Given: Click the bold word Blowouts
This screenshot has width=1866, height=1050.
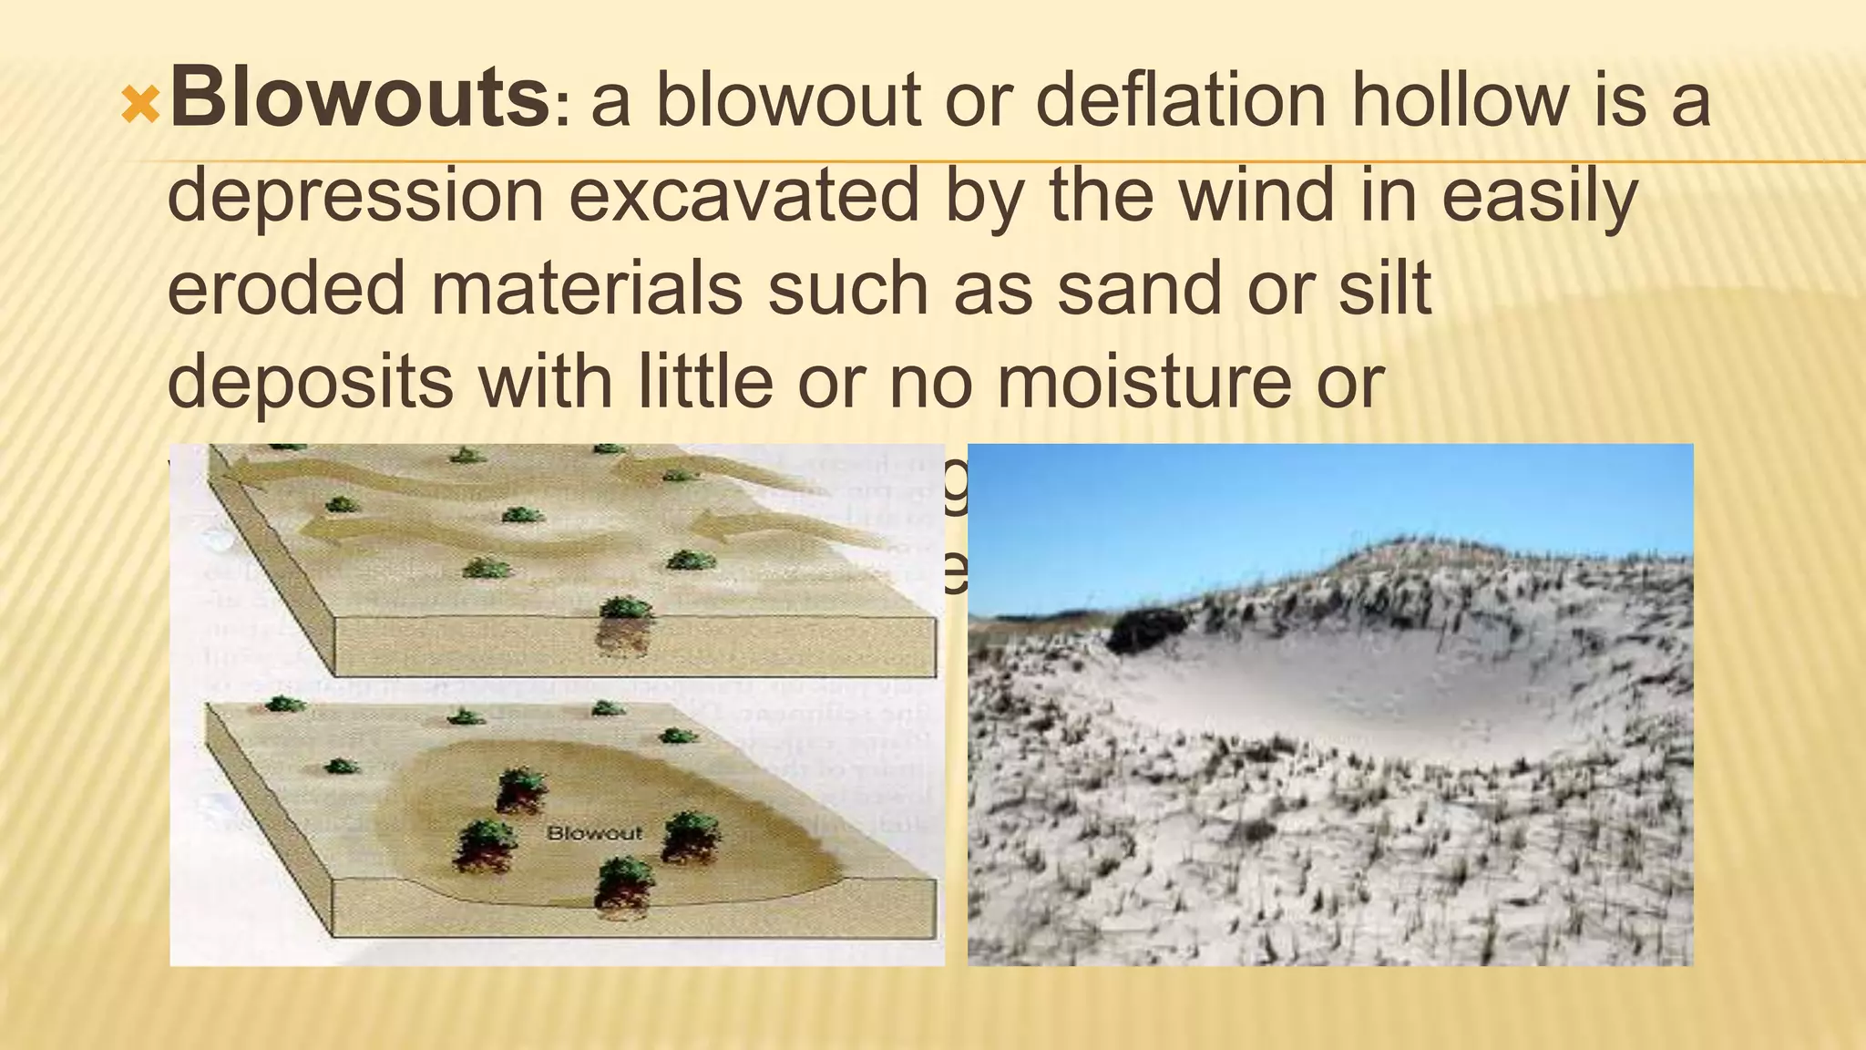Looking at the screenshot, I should [359, 98].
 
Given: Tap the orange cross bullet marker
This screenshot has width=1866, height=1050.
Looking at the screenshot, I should [140, 106].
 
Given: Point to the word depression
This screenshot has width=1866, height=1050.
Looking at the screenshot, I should [355, 196].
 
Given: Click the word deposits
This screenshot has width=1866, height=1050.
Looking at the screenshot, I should [310, 382].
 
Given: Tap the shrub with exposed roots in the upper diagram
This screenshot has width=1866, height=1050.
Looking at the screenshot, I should [624, 624].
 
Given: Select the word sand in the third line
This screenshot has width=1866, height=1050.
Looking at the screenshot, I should [1140, 288].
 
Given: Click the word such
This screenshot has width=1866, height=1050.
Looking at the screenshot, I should [848, 288].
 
